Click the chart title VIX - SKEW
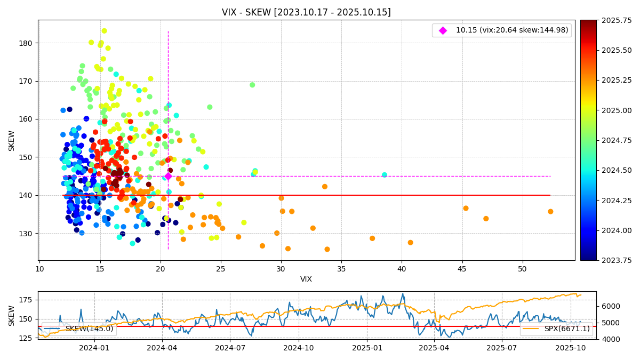coord(306,12)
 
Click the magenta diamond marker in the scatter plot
coord(168,176)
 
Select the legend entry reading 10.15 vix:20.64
coord(511,30)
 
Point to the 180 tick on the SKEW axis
coord(28,43)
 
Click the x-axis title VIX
coord(306,279)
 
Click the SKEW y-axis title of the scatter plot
coord(12,140)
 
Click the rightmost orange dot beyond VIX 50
coord(550,212)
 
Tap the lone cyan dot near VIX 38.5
coord(385,175)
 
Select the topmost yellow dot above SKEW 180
coord(104,31)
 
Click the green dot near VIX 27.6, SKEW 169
coord(252,85)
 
